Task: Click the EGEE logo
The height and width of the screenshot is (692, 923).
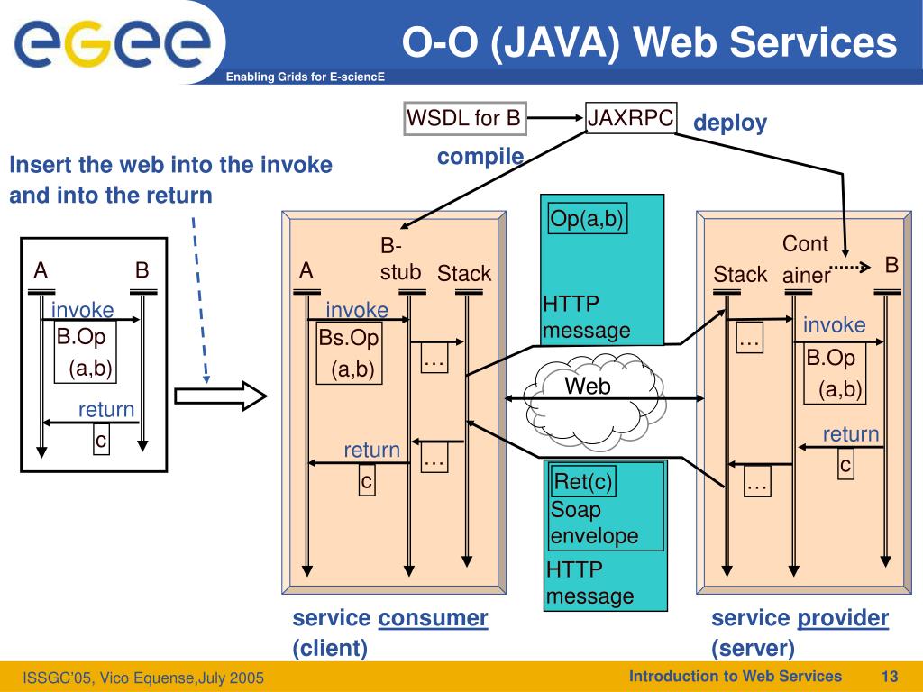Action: (x=113, y=41)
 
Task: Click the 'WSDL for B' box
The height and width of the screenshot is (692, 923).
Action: (x=464, y=118)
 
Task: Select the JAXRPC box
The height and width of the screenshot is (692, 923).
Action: (x=630, y=118)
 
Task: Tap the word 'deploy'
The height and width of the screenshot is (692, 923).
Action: (x=730, y=123)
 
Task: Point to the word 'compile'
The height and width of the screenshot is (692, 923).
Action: (x=480, y=157)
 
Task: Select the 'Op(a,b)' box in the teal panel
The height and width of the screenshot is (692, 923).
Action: (x=587, y=218)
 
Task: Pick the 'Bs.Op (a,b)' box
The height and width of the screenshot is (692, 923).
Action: (x=349, y=352)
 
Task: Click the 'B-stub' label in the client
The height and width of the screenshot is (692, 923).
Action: (x=400, y=259)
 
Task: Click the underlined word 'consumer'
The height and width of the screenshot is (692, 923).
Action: (x=433, y=618)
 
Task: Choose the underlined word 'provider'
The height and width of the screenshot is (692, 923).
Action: (x=843, y=618)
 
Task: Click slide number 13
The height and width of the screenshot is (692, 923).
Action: (x=889, y=676)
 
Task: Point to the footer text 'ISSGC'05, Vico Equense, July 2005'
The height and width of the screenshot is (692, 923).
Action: (x=143, y=678)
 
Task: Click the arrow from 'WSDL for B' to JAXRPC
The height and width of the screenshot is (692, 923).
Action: (x=555, y=118)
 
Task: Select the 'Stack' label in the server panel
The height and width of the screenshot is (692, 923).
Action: (x=740, y=274)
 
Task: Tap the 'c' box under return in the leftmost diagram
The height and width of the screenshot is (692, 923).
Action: (x=101, y=440)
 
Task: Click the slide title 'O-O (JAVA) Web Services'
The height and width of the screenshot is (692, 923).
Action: (x=649, y=42)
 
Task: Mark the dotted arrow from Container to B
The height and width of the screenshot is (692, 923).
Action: (x=850, y=267)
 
